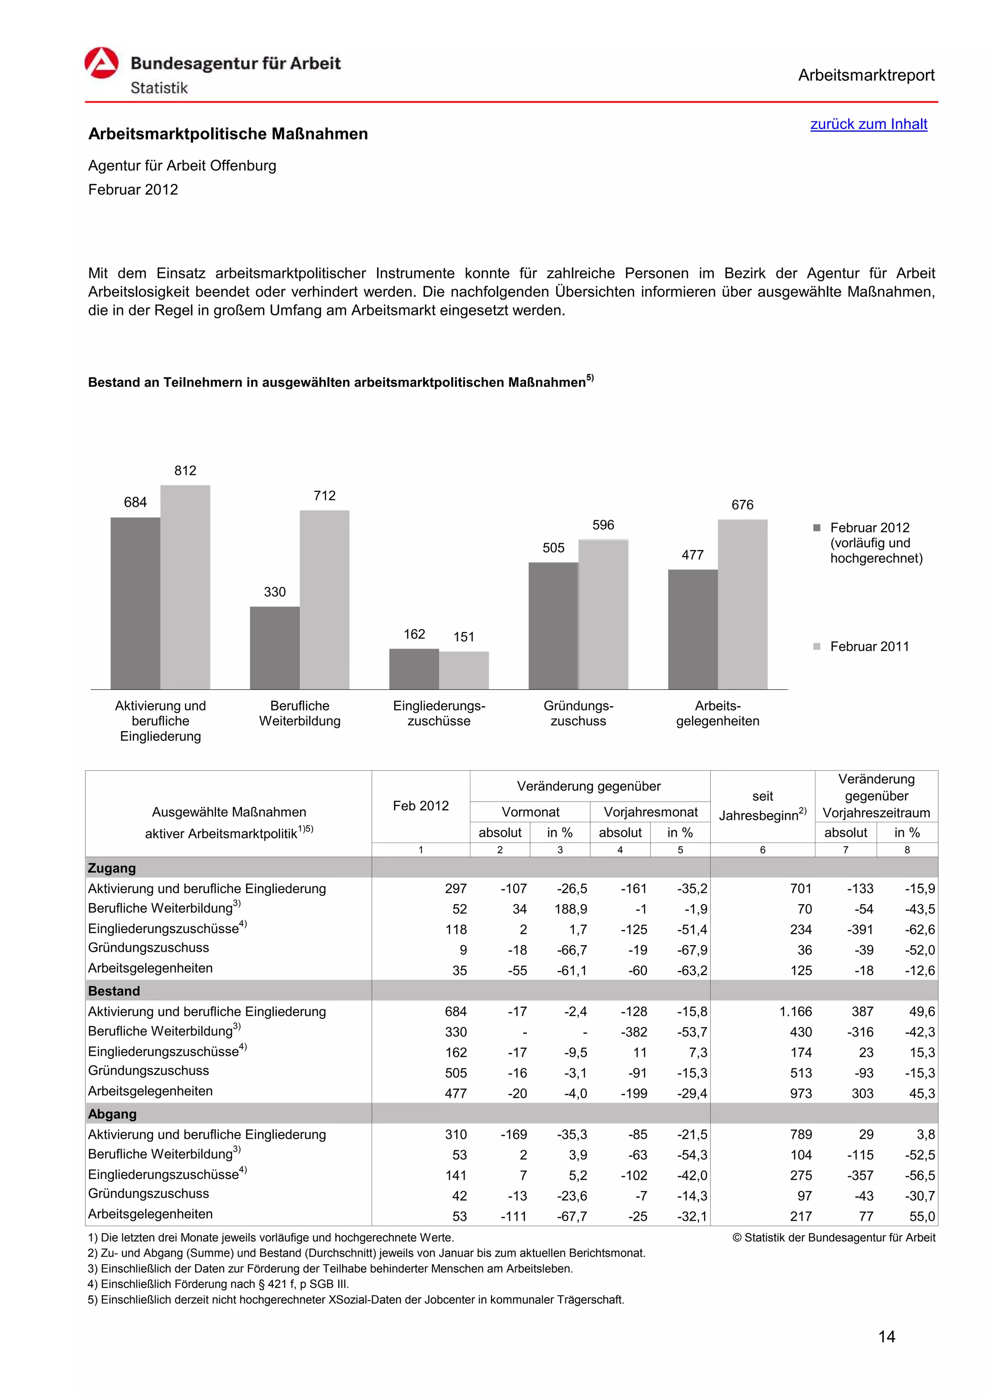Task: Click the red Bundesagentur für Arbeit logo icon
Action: point(101,63)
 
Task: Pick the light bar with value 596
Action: point(603,614)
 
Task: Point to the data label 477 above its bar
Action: point(692,554)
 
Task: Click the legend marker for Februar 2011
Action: point(817,646)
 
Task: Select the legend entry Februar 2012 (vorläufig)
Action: point(876,542)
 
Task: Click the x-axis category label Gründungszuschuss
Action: point(578,713)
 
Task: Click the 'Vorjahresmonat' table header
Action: point(650,812)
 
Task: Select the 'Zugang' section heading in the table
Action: point(112,868)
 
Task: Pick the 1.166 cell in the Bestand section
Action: point(796,1011)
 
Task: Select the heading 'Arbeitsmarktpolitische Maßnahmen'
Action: point(228,134)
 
